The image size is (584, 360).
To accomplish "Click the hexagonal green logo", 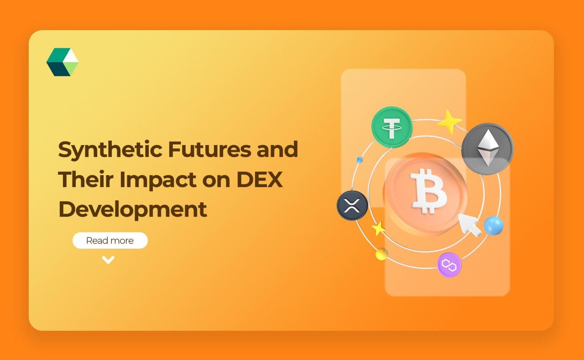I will click(x=63, y=62).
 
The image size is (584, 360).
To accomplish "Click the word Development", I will click(x=133, y=209).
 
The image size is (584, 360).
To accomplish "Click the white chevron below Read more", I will click(x=108, y=260).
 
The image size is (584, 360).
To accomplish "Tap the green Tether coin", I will click(x=392, y=127).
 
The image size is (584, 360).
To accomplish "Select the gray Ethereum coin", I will click(x=487, y=149).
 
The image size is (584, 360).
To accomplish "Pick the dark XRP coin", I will click(x=352, y=205).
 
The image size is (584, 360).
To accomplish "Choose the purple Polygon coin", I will click(x=449, y=265).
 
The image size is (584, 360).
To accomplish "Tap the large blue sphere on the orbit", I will click(x=494, y=226).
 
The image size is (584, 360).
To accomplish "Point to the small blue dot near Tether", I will click(x=360, y=160).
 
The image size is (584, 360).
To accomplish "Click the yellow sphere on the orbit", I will click(x=382, y=254).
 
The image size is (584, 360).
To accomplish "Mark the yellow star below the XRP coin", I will click(x=378, y=228).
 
